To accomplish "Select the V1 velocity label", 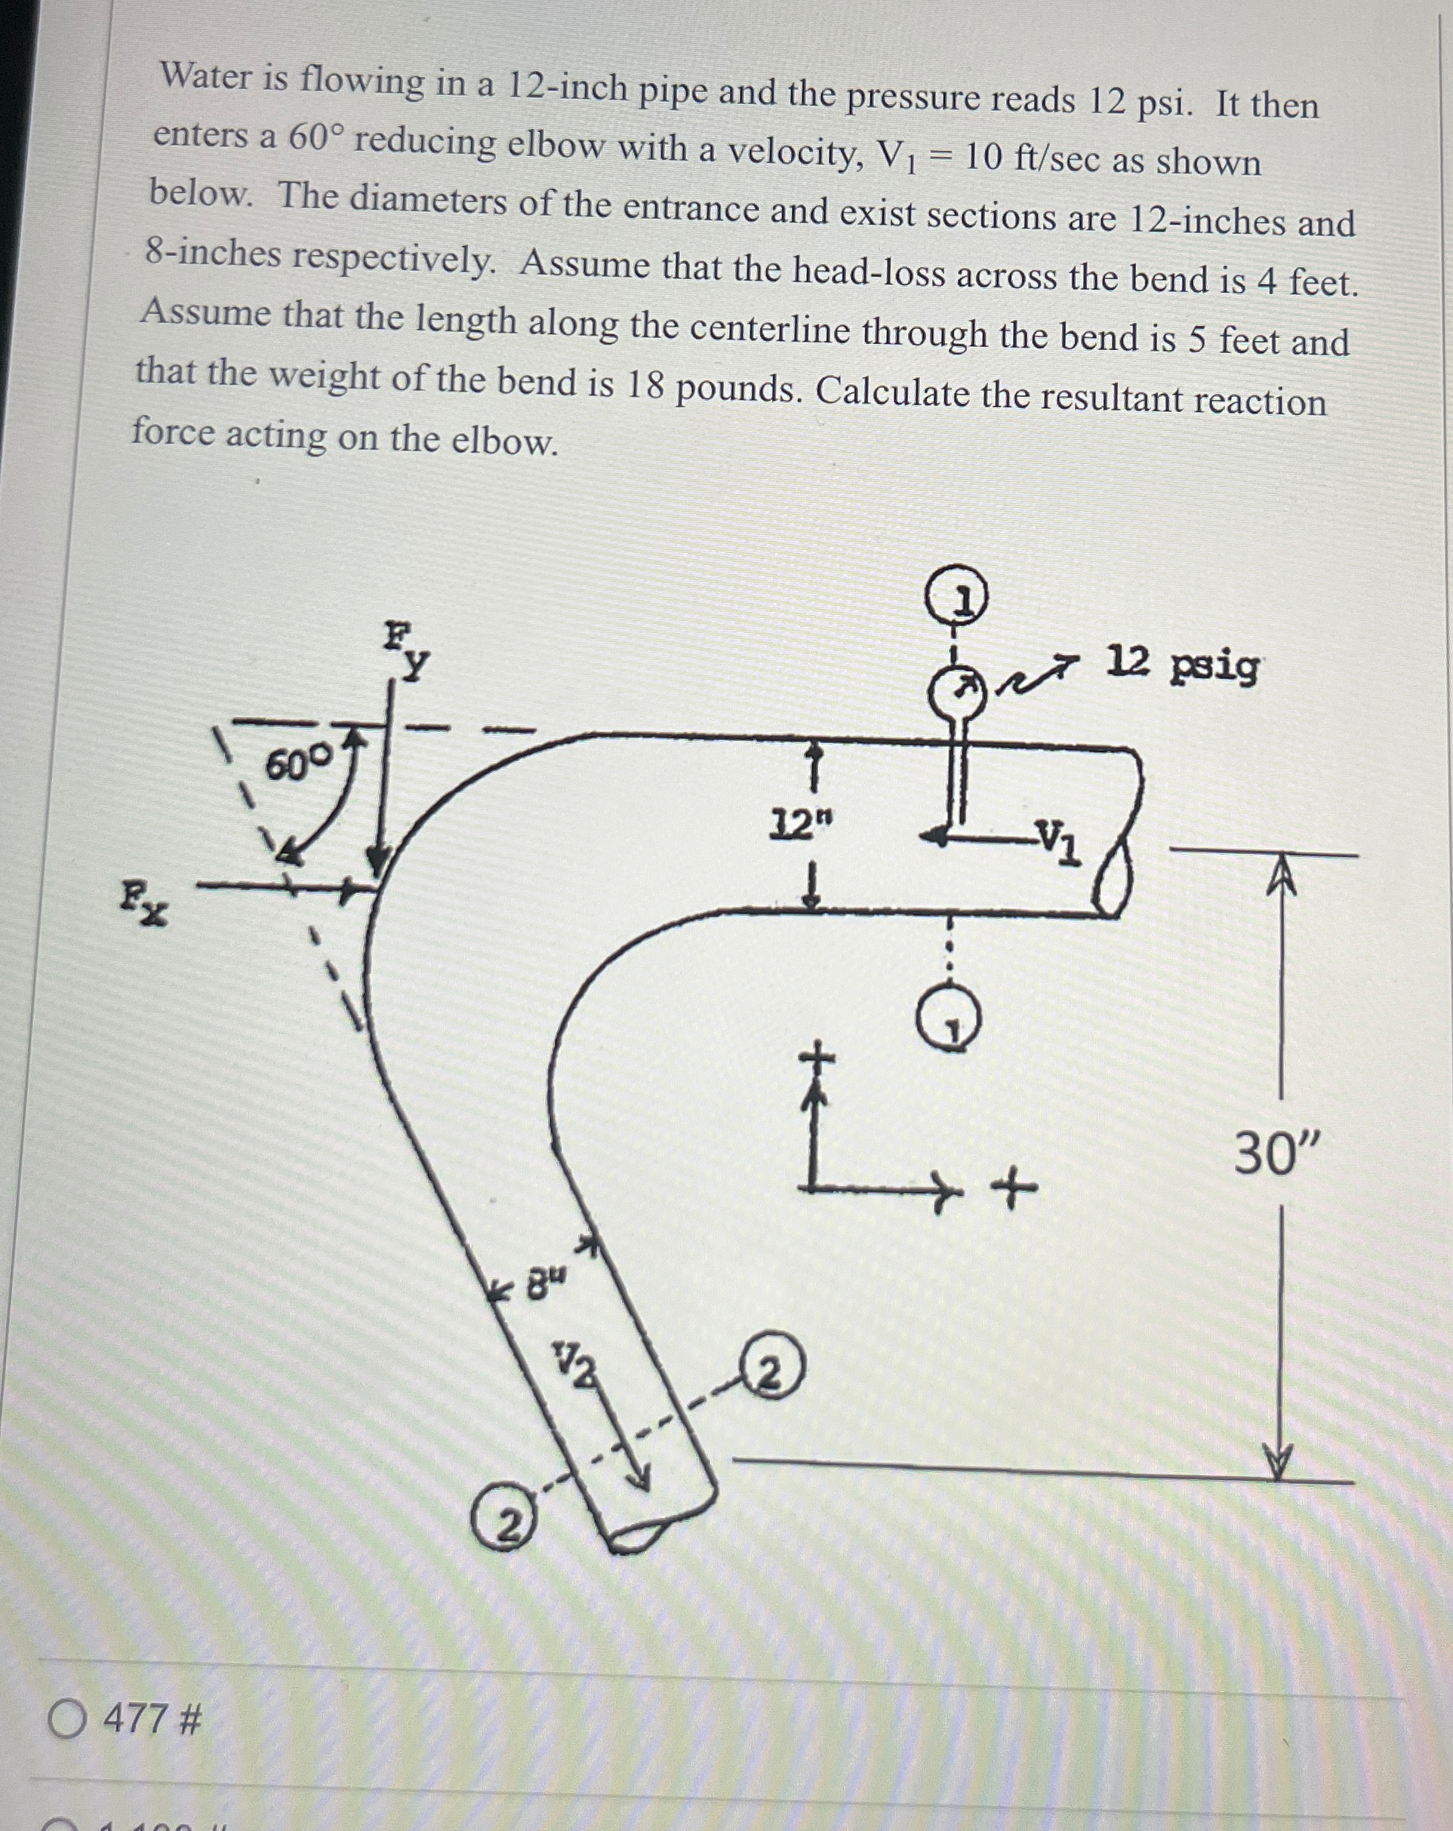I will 1059,840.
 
